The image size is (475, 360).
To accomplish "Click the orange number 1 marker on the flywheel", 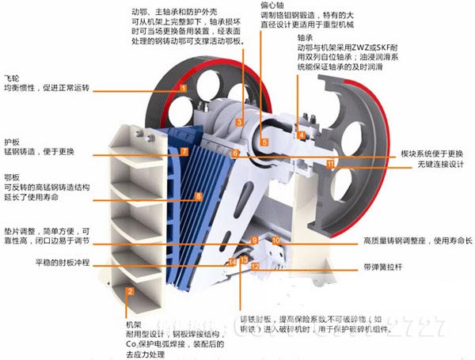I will point(183,89).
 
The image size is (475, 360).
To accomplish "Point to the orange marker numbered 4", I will point(302,136).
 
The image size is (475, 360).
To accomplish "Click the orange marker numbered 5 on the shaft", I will point(265,142).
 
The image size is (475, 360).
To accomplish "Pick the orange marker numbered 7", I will point(184,150).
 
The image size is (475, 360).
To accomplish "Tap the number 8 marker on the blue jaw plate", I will point(199,196).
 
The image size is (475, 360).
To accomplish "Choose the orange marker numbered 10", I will point(275,239).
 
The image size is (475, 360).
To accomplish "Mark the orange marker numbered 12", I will point(255,266).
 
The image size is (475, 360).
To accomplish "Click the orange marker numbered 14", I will point(233,260).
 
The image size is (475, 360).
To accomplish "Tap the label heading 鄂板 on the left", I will point(11,176).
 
